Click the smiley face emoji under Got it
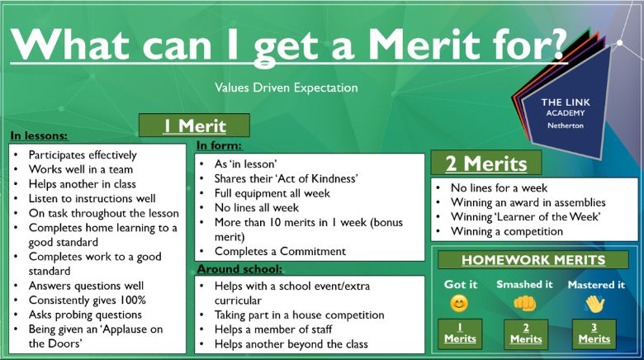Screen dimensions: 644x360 coord(459,304)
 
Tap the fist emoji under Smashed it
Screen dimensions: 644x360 coord(525,304)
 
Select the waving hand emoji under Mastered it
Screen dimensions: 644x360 coord(595,305)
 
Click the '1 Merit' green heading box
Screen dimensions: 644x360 coord(194,126)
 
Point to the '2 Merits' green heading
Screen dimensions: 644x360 coord(486,163)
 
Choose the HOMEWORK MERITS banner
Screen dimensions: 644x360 coord(533,260)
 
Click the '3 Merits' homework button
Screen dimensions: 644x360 coord(594,334)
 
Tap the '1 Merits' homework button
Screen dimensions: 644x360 coord(460,334)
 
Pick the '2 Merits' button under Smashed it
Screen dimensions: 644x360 coord(526,334)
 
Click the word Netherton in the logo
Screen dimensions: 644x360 coord(565,126)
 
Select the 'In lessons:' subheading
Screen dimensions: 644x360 coord(40,135)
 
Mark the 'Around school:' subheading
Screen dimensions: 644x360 coord(240,269)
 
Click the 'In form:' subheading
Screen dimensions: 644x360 coord(220,145)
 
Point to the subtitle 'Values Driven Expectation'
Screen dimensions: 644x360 coord(286,88)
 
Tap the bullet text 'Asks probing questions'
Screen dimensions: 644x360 coord(85,315)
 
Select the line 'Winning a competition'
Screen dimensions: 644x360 coord(507,231)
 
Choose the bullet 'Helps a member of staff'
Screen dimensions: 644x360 coord(273,329)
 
